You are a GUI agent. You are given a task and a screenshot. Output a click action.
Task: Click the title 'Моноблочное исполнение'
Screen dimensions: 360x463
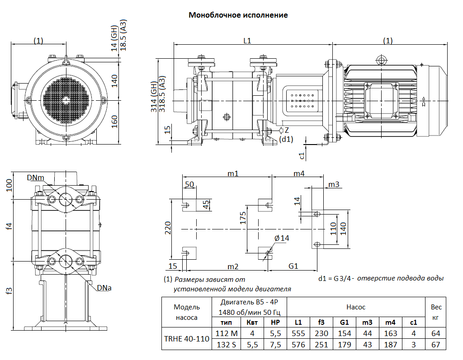click(x=238, y=15)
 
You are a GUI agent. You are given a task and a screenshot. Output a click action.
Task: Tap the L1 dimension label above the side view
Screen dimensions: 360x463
click(x=247, y=41)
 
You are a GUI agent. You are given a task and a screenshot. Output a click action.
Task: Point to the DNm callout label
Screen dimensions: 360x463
click(x=35, y=178)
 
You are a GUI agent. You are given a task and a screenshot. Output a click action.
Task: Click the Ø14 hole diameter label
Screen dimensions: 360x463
click(x=281, y=238)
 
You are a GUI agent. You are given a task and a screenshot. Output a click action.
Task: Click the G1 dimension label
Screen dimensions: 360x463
click(x=293, y=266)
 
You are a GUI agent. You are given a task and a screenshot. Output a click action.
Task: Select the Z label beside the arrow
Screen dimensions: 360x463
click(x=287, y=130)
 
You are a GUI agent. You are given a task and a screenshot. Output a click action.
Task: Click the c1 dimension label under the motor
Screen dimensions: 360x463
click(x=302, y=156)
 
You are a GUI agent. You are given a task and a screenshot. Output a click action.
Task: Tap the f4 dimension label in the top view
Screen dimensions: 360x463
click(x=9, y=226)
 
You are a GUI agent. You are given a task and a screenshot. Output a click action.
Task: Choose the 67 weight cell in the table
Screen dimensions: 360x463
click(x=436, y=345)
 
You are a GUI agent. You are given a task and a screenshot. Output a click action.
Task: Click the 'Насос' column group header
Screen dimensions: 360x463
click(x=356, y=307)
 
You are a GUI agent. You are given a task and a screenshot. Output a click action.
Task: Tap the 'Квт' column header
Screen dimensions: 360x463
click(x=252, y=322)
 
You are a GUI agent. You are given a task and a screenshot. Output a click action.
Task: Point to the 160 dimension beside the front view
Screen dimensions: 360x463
click(x=115, y=122)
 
